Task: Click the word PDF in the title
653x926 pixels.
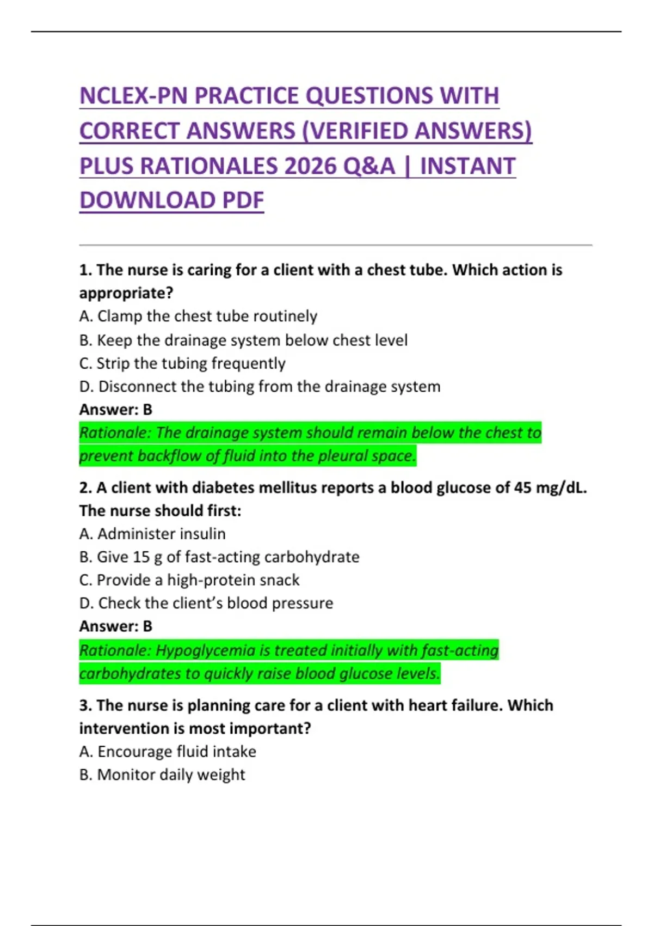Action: tap(243, 200)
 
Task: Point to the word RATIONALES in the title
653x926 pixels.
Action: tap(210, 166)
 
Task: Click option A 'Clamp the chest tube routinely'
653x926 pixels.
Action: tap(198, 316)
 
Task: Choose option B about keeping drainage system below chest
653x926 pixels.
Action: tap(243, 340)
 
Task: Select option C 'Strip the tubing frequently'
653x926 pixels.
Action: tap(182, 363)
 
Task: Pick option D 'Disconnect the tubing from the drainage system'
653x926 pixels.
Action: tap(260, 387)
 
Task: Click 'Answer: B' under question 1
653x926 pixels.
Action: tap(116, 410)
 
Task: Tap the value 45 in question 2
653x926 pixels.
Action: tap(522, 488)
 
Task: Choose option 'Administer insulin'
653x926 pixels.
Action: tap(152, 534)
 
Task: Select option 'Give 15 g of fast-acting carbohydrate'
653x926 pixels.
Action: tap(219, 557)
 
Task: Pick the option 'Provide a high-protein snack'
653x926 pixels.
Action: tap(189, 580)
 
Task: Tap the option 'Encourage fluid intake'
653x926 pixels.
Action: tap(168, 752)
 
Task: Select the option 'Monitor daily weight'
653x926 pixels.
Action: tap(162, 775)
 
